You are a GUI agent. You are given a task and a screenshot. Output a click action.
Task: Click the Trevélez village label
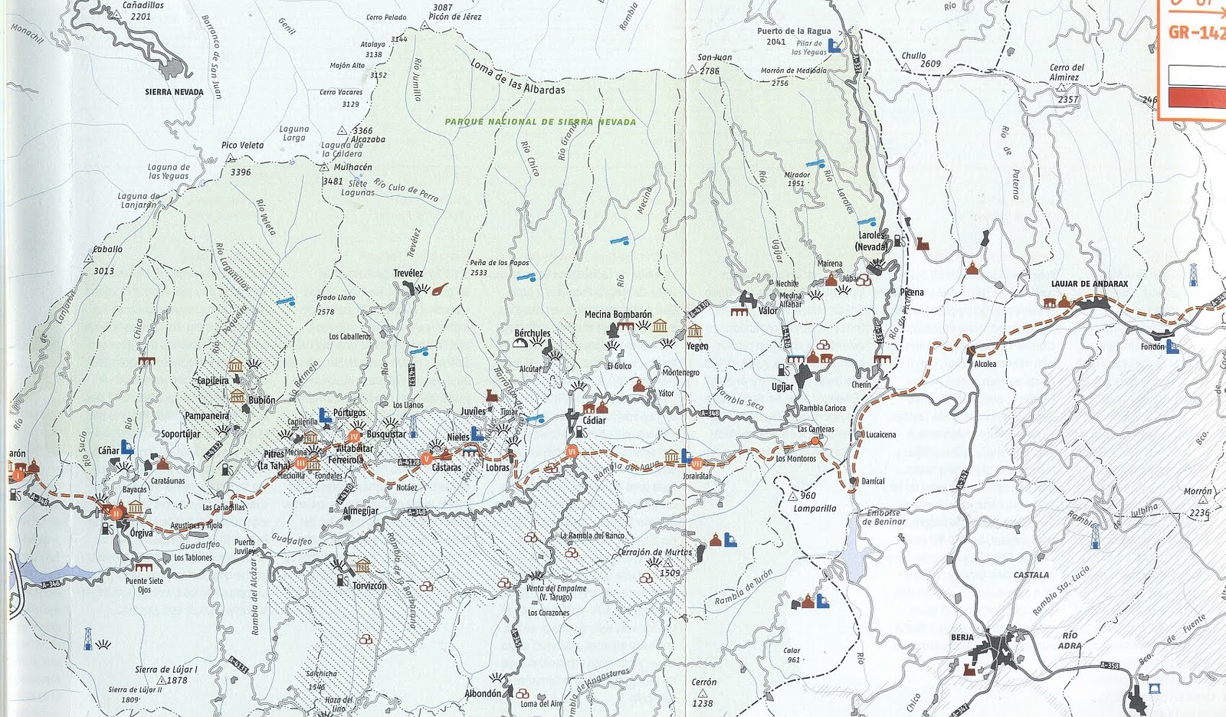click(408, 273)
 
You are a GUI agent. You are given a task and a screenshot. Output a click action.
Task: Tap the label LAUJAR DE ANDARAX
click(1089, 284)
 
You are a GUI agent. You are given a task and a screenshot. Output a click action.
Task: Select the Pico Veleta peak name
click(242, 146)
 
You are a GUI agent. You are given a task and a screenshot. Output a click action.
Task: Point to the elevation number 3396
click(241, 172)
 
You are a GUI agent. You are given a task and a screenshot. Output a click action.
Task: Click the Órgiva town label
click(141, 533)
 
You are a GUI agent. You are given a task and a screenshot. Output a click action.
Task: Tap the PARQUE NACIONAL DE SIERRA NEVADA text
click(540, 122)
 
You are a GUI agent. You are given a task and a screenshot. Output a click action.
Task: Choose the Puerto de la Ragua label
click(794, 31)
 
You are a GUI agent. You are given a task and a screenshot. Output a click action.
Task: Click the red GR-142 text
click(1196, 33)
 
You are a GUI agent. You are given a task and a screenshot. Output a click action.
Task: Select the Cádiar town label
click(594, 421)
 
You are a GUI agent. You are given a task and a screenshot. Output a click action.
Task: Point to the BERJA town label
click(962, 637)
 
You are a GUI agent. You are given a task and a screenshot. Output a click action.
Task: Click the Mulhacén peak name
click(352, 167)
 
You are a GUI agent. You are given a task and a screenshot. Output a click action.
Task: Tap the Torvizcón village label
click(369, 586)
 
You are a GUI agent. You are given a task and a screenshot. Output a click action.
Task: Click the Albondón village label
click(483, 694)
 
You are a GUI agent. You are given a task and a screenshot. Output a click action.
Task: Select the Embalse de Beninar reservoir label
click(883, 518)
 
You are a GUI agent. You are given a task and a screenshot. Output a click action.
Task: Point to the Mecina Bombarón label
click(618, 314)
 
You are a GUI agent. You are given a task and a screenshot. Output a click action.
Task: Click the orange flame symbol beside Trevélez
click(440, 290)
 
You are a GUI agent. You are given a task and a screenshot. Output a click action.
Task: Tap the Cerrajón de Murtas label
click(654, 552)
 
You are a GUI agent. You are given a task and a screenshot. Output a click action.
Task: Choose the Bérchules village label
click(532, 333)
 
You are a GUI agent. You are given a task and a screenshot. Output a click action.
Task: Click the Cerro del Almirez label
click(1067, 72)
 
